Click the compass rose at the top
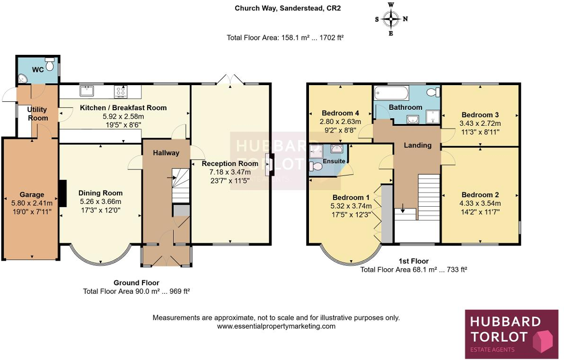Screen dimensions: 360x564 391,19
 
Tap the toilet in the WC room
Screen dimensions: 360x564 50,62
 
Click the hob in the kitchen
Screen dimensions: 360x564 120,90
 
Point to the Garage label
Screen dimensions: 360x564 32,194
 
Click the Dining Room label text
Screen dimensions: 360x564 100,193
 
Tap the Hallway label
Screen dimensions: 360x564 166,153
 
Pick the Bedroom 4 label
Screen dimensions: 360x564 340,113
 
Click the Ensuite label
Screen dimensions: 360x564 334,161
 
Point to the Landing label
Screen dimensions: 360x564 417,145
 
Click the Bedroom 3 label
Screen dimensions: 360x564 480,115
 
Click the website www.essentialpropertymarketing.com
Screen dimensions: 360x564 276,326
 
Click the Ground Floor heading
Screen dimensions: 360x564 136,283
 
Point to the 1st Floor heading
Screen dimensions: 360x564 414,261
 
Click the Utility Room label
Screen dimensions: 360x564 37,114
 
